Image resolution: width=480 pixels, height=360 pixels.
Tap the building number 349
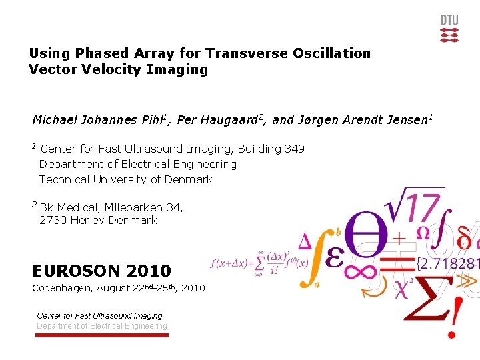[294, 149]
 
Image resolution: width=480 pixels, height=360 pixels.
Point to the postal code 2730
[53, 220]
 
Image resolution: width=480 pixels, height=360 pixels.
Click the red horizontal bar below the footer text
[101, 335]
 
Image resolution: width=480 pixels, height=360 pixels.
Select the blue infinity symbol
[363, 272]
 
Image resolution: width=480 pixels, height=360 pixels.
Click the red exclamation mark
[455, 316]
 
